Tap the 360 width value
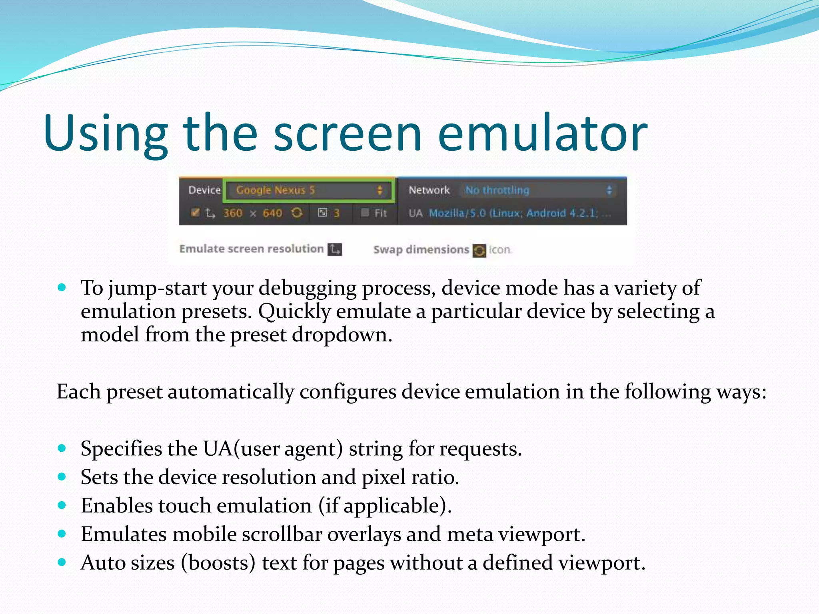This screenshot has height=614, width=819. pos(233,213)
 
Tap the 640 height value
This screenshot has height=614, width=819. pos(272,213)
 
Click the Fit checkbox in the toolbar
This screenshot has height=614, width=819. pos(365,213)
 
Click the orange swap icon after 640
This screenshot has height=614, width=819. pos(296,213)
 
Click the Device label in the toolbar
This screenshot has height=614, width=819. pos(204,190)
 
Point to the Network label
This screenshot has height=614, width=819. pos(429,190)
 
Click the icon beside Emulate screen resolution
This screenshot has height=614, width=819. pos(335,249)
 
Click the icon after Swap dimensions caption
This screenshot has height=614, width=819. pos(479,251)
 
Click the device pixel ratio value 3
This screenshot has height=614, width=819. pos(336,213)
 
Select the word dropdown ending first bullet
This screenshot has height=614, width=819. pos(342,335)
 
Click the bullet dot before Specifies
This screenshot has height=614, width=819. pos(62,448)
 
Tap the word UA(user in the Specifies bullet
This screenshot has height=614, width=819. pos(241,449)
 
